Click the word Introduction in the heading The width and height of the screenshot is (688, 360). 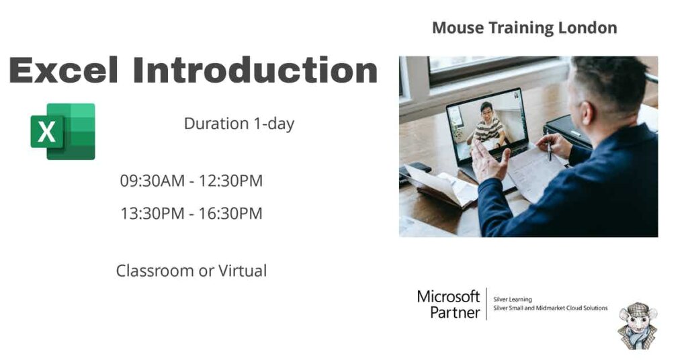click(x=255, y=71)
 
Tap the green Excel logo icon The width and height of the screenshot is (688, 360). click(x=62, y=131)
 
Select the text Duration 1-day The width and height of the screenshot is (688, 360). click(x=239, y=124)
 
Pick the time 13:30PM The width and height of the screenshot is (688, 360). click(x=152, y=214)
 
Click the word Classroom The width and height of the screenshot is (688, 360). click(x=154, y=271)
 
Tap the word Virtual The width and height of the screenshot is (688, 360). click(x=243, y=271)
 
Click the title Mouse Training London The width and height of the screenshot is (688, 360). click(x=524, y=28)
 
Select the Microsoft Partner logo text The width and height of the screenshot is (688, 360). click(x=448, y=304)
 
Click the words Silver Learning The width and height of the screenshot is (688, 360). click(x=513, y=300)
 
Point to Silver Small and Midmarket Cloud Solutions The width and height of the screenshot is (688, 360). click(x=550, y=308)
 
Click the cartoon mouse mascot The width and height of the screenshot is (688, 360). click(x=636, y=326)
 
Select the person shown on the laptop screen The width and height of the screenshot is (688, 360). click(x=489, y=124)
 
